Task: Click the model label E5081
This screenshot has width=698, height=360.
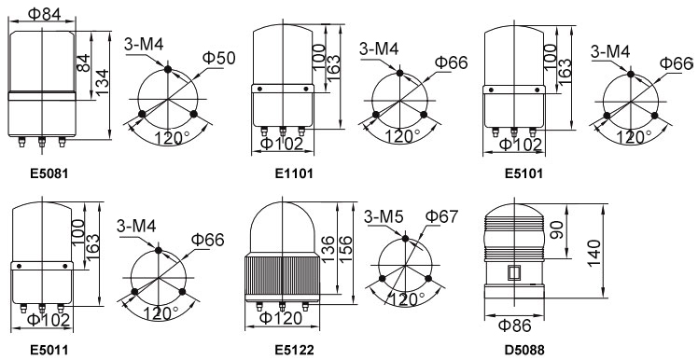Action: [x=49, y=173]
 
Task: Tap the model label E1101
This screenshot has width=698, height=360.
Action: [x=294, y=173]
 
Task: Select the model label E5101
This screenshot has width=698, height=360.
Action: [x=523, y=173]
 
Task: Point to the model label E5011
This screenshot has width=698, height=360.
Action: [x=49, y=350]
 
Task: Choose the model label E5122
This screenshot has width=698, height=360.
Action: [x=294, y=350]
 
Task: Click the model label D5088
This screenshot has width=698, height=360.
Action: [x=524, y=350]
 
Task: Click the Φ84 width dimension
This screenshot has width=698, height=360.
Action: [x=45, y=13]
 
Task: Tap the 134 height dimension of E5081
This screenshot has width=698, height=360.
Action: [x=103, y=82]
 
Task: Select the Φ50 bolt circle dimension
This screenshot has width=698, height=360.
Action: [x=218, y=58]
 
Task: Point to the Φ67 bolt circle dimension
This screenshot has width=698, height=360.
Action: [x=441, y=216]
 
